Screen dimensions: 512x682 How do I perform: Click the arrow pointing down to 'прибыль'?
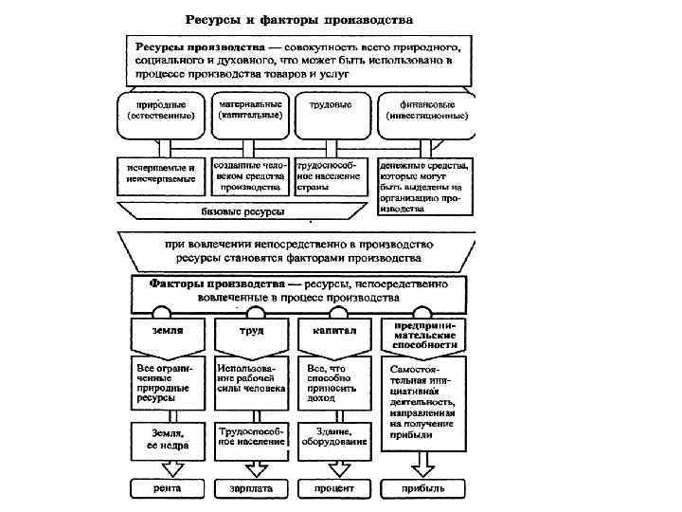422,464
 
